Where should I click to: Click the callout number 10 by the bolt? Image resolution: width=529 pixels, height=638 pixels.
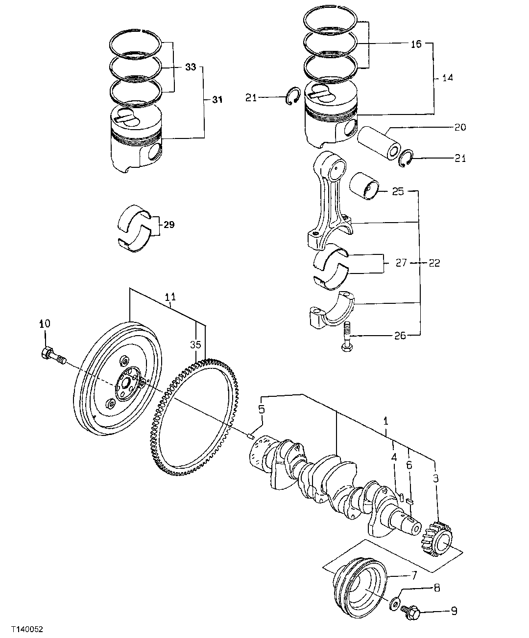coord(45,324)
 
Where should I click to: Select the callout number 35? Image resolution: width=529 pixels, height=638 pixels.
coord(195,344)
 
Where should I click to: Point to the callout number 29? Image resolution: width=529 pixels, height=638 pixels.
coord(168,225)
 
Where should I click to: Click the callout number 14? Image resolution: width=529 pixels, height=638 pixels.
coord(447,77)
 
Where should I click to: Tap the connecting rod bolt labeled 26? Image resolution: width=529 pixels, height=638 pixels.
coord(346,338)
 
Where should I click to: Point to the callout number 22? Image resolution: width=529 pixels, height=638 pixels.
coord(434,263)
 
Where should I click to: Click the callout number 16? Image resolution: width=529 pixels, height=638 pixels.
coord(415,44)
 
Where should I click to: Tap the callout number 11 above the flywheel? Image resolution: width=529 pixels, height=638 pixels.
coord(170,297)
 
